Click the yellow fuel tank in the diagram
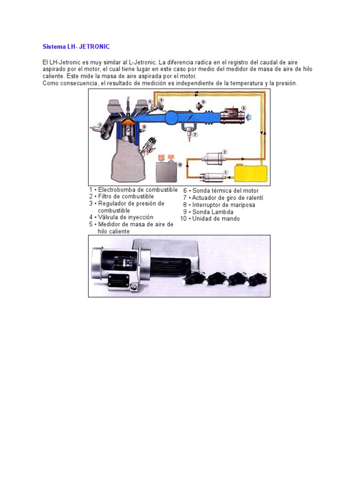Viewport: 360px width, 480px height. pyautogui.click(x=250, y=174)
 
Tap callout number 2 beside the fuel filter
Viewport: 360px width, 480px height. pyautogui.click(x=225, y=152)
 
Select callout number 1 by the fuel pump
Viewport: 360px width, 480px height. pyautogui.click(x=225, y=172)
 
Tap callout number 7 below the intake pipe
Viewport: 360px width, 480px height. pyautogui.click(x=195, y=135)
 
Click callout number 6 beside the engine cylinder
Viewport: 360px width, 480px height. pyautogui.click(x=143, y=127)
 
